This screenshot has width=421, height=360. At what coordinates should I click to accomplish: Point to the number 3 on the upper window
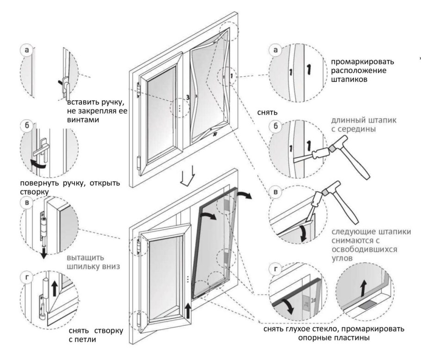click(188, 98)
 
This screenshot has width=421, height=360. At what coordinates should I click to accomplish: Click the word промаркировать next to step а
click(359, 62)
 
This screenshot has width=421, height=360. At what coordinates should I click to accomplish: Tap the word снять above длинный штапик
click(268, 112)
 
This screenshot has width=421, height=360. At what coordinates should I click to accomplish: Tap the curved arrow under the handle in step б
click(39, 162)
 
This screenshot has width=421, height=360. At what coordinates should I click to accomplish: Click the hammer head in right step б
click(333, 149)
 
